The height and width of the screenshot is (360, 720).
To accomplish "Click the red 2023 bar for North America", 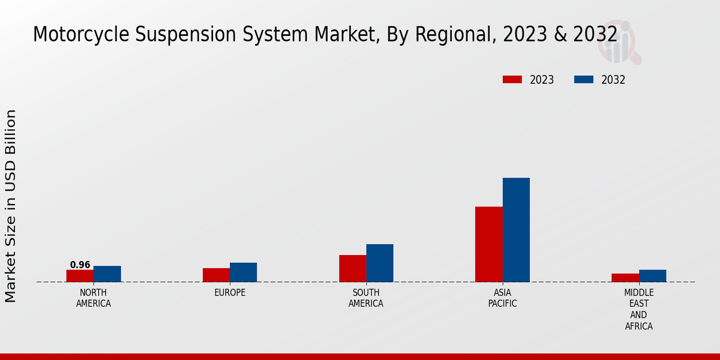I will click(80, 276).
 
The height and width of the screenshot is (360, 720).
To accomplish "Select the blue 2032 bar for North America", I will click(107, 274).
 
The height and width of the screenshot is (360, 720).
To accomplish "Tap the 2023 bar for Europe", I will click(216, 275).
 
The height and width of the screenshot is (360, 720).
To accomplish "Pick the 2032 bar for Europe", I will click(243, 272).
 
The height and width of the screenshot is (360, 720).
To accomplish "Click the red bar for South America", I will click(352, 269).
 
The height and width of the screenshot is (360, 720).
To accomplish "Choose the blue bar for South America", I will click(380, 263).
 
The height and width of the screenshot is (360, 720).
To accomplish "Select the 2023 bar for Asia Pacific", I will click(488, 244).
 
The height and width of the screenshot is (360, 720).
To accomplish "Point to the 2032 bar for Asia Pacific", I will click(516, 230).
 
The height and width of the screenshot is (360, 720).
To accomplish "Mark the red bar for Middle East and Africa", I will click(625, 278).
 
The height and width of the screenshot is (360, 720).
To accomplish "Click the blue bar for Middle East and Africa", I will click(652, 276).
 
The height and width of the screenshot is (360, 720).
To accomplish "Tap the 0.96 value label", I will click(80, 265).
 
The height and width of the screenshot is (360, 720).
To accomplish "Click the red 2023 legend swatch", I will click(512, 80).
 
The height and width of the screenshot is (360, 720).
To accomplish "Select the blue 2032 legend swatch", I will click(584, 80).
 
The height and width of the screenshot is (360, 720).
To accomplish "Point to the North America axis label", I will click(93, 298).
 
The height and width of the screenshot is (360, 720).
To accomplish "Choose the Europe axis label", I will click(230, 293).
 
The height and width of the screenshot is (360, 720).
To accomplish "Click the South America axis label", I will click(366, 298).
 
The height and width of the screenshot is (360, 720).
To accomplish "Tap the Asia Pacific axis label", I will click(502, 298).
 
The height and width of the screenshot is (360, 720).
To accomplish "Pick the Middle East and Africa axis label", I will click(638, 310).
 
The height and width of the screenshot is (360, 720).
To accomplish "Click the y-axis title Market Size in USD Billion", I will click(11, 206).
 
